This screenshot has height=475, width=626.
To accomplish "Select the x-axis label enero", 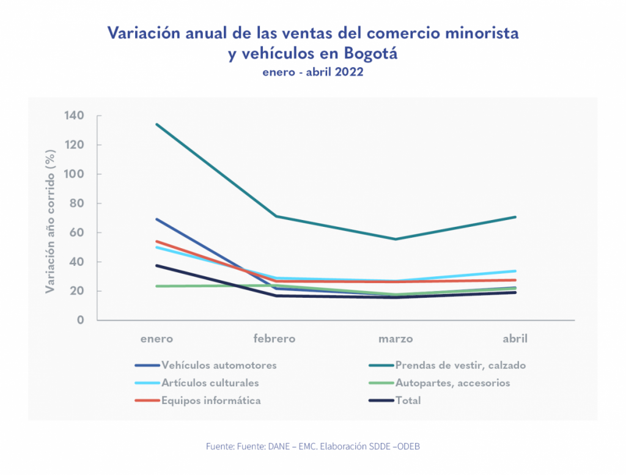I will point(156,339).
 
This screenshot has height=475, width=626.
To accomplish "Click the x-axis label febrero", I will point(274,339).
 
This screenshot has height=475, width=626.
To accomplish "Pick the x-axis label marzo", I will point(395,339).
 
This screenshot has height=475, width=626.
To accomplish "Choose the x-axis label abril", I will point(515,339).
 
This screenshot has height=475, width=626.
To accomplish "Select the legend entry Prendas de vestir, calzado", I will point(460,366).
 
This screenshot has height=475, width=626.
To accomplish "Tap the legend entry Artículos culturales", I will point(210,383).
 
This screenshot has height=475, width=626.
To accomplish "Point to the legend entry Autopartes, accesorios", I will point(452,383).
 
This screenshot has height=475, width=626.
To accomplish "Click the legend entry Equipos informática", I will point(211,401).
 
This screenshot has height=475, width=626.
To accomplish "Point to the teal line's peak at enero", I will point(157,124).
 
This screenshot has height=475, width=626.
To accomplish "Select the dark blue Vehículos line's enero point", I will point(157,219).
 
